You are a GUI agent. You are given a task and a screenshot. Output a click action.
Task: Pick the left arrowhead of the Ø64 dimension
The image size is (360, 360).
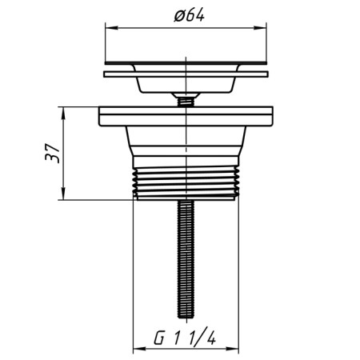click(x=108, y=29)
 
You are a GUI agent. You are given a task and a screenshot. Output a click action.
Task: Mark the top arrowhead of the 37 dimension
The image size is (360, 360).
click(x=64, y=110)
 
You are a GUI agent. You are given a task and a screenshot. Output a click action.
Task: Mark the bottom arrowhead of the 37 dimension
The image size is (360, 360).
click(x=64, y=195)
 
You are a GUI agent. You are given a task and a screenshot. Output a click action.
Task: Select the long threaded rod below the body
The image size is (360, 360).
click(x=186, y=256)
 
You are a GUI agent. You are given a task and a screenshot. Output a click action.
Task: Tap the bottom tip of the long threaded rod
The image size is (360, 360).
click(x=186, y=314)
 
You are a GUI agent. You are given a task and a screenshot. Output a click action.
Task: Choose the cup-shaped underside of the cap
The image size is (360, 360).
click(x=186, y=84)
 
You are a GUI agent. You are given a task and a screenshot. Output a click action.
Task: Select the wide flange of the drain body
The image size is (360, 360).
click(x=186, y=117)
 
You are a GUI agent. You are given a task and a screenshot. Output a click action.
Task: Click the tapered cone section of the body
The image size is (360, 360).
click(x=186, y=148)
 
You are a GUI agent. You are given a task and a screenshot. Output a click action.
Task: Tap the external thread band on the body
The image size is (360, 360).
click(x=186, y=184)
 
